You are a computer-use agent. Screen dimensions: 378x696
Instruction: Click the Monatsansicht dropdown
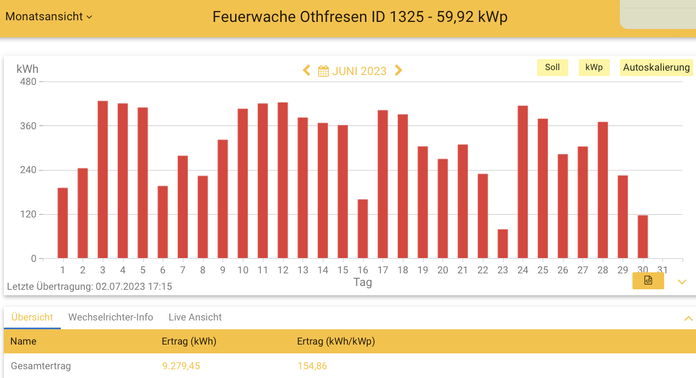tap(48, 16)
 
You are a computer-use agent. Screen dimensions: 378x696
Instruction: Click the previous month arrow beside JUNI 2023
tap(307, 71)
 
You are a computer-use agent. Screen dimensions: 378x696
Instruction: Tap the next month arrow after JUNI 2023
tap(398, 71)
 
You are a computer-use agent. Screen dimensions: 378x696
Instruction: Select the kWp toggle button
tap(594, 67)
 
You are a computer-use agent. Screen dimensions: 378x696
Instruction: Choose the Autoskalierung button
tap(656, 67)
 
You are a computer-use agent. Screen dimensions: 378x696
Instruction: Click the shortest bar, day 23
tap(503, 244)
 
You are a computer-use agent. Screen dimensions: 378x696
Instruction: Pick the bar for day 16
tap(363, 229)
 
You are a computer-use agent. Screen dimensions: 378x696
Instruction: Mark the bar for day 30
tap(643, 237)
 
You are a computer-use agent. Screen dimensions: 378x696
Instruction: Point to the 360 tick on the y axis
tap(28, 126)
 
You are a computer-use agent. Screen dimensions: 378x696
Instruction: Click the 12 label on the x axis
tap(283, 270)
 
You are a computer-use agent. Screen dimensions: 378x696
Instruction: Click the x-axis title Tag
tap(362, 282)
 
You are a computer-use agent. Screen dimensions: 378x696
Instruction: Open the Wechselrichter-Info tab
tap(111, 317)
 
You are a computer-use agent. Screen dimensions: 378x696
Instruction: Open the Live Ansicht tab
tap(195, 317)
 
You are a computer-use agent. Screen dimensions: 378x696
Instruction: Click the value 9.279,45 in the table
tap(181, 366)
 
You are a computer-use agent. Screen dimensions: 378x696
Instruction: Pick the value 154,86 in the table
tap(312, 366)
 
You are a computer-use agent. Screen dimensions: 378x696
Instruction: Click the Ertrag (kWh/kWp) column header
tap(336, 341)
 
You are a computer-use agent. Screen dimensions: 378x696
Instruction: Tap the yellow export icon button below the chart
tap(648, 281)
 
